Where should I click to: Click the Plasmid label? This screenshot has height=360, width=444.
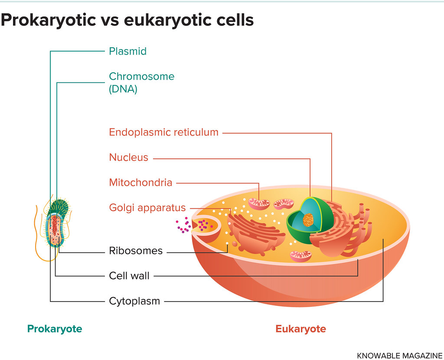128,52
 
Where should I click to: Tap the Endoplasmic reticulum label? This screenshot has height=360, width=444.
163,133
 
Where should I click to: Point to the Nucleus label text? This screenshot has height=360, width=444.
128,158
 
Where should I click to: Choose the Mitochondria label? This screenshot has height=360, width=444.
140,183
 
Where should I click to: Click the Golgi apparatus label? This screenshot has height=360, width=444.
147,208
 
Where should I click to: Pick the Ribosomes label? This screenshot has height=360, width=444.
136,251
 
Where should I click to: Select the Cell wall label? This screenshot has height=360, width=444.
129,276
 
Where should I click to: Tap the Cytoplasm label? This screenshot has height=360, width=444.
134,301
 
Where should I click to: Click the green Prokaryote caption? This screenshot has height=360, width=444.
55,329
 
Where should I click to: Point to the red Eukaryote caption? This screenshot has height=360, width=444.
300,329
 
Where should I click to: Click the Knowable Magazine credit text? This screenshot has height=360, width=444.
398,355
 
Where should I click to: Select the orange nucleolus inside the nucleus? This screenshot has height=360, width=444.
309,220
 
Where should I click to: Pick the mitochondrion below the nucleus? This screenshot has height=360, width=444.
300,256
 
